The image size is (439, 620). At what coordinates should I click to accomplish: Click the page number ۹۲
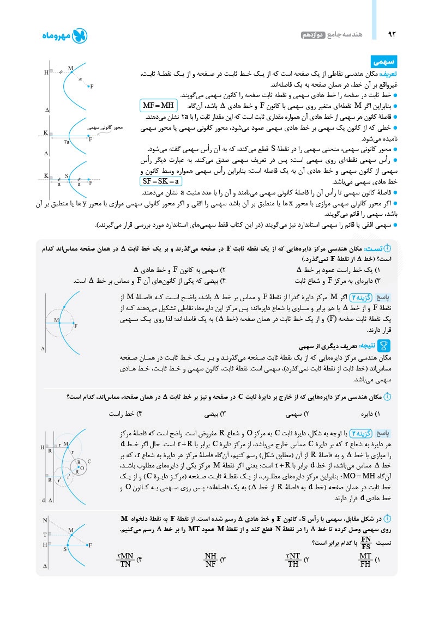coord(390,35)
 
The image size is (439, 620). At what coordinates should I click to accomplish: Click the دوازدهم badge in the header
coord(313,35)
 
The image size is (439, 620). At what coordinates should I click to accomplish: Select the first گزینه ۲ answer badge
coord(359,297)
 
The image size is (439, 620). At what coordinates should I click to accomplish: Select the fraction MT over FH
coord(364,560)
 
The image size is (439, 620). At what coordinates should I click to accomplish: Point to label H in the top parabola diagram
coord(46,72)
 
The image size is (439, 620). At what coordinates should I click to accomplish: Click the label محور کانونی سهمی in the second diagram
coord(104,129)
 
